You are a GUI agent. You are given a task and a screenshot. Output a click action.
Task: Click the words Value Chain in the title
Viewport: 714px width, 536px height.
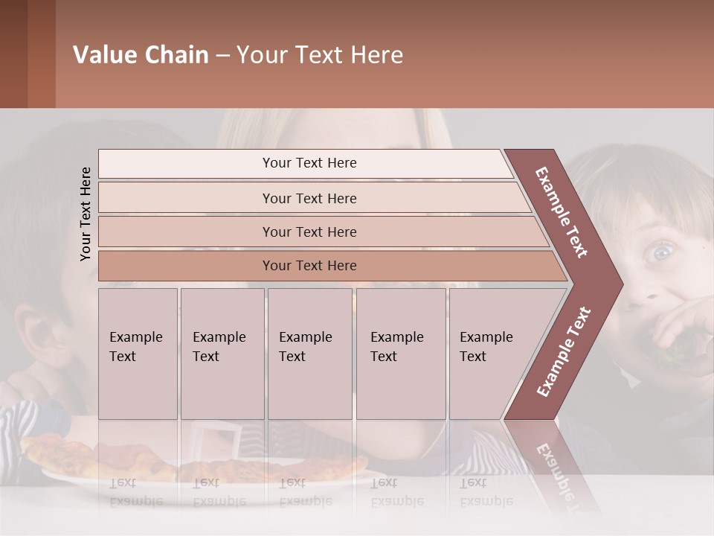(141, 55)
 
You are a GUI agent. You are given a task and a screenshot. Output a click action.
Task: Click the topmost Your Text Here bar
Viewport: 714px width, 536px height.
(309, 163)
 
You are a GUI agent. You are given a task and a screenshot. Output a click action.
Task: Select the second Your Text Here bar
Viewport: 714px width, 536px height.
(309, 198)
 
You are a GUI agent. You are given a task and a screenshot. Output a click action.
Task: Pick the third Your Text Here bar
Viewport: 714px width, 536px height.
(309, 232)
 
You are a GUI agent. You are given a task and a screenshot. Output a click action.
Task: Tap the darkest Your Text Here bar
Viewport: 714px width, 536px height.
(309, 266)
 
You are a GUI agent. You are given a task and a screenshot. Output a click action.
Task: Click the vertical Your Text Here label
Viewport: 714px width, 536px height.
(86, 214)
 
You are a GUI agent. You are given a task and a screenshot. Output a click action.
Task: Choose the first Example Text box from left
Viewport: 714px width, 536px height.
(138, 354)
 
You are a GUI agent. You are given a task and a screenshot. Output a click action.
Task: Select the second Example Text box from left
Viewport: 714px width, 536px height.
(222, 354)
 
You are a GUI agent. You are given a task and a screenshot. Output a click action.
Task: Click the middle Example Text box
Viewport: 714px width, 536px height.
(309, 354)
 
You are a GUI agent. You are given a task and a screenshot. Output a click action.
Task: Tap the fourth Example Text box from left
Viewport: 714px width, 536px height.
(400, 354)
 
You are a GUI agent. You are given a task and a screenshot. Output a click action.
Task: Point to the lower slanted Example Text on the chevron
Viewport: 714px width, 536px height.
(564, 351)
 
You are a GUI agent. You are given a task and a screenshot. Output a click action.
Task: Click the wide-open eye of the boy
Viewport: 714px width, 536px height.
(660, 253)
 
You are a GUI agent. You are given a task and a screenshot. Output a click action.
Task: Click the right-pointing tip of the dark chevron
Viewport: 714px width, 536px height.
(622, 283)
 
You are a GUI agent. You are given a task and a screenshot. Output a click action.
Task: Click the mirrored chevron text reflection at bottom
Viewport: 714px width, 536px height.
(554, 469)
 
